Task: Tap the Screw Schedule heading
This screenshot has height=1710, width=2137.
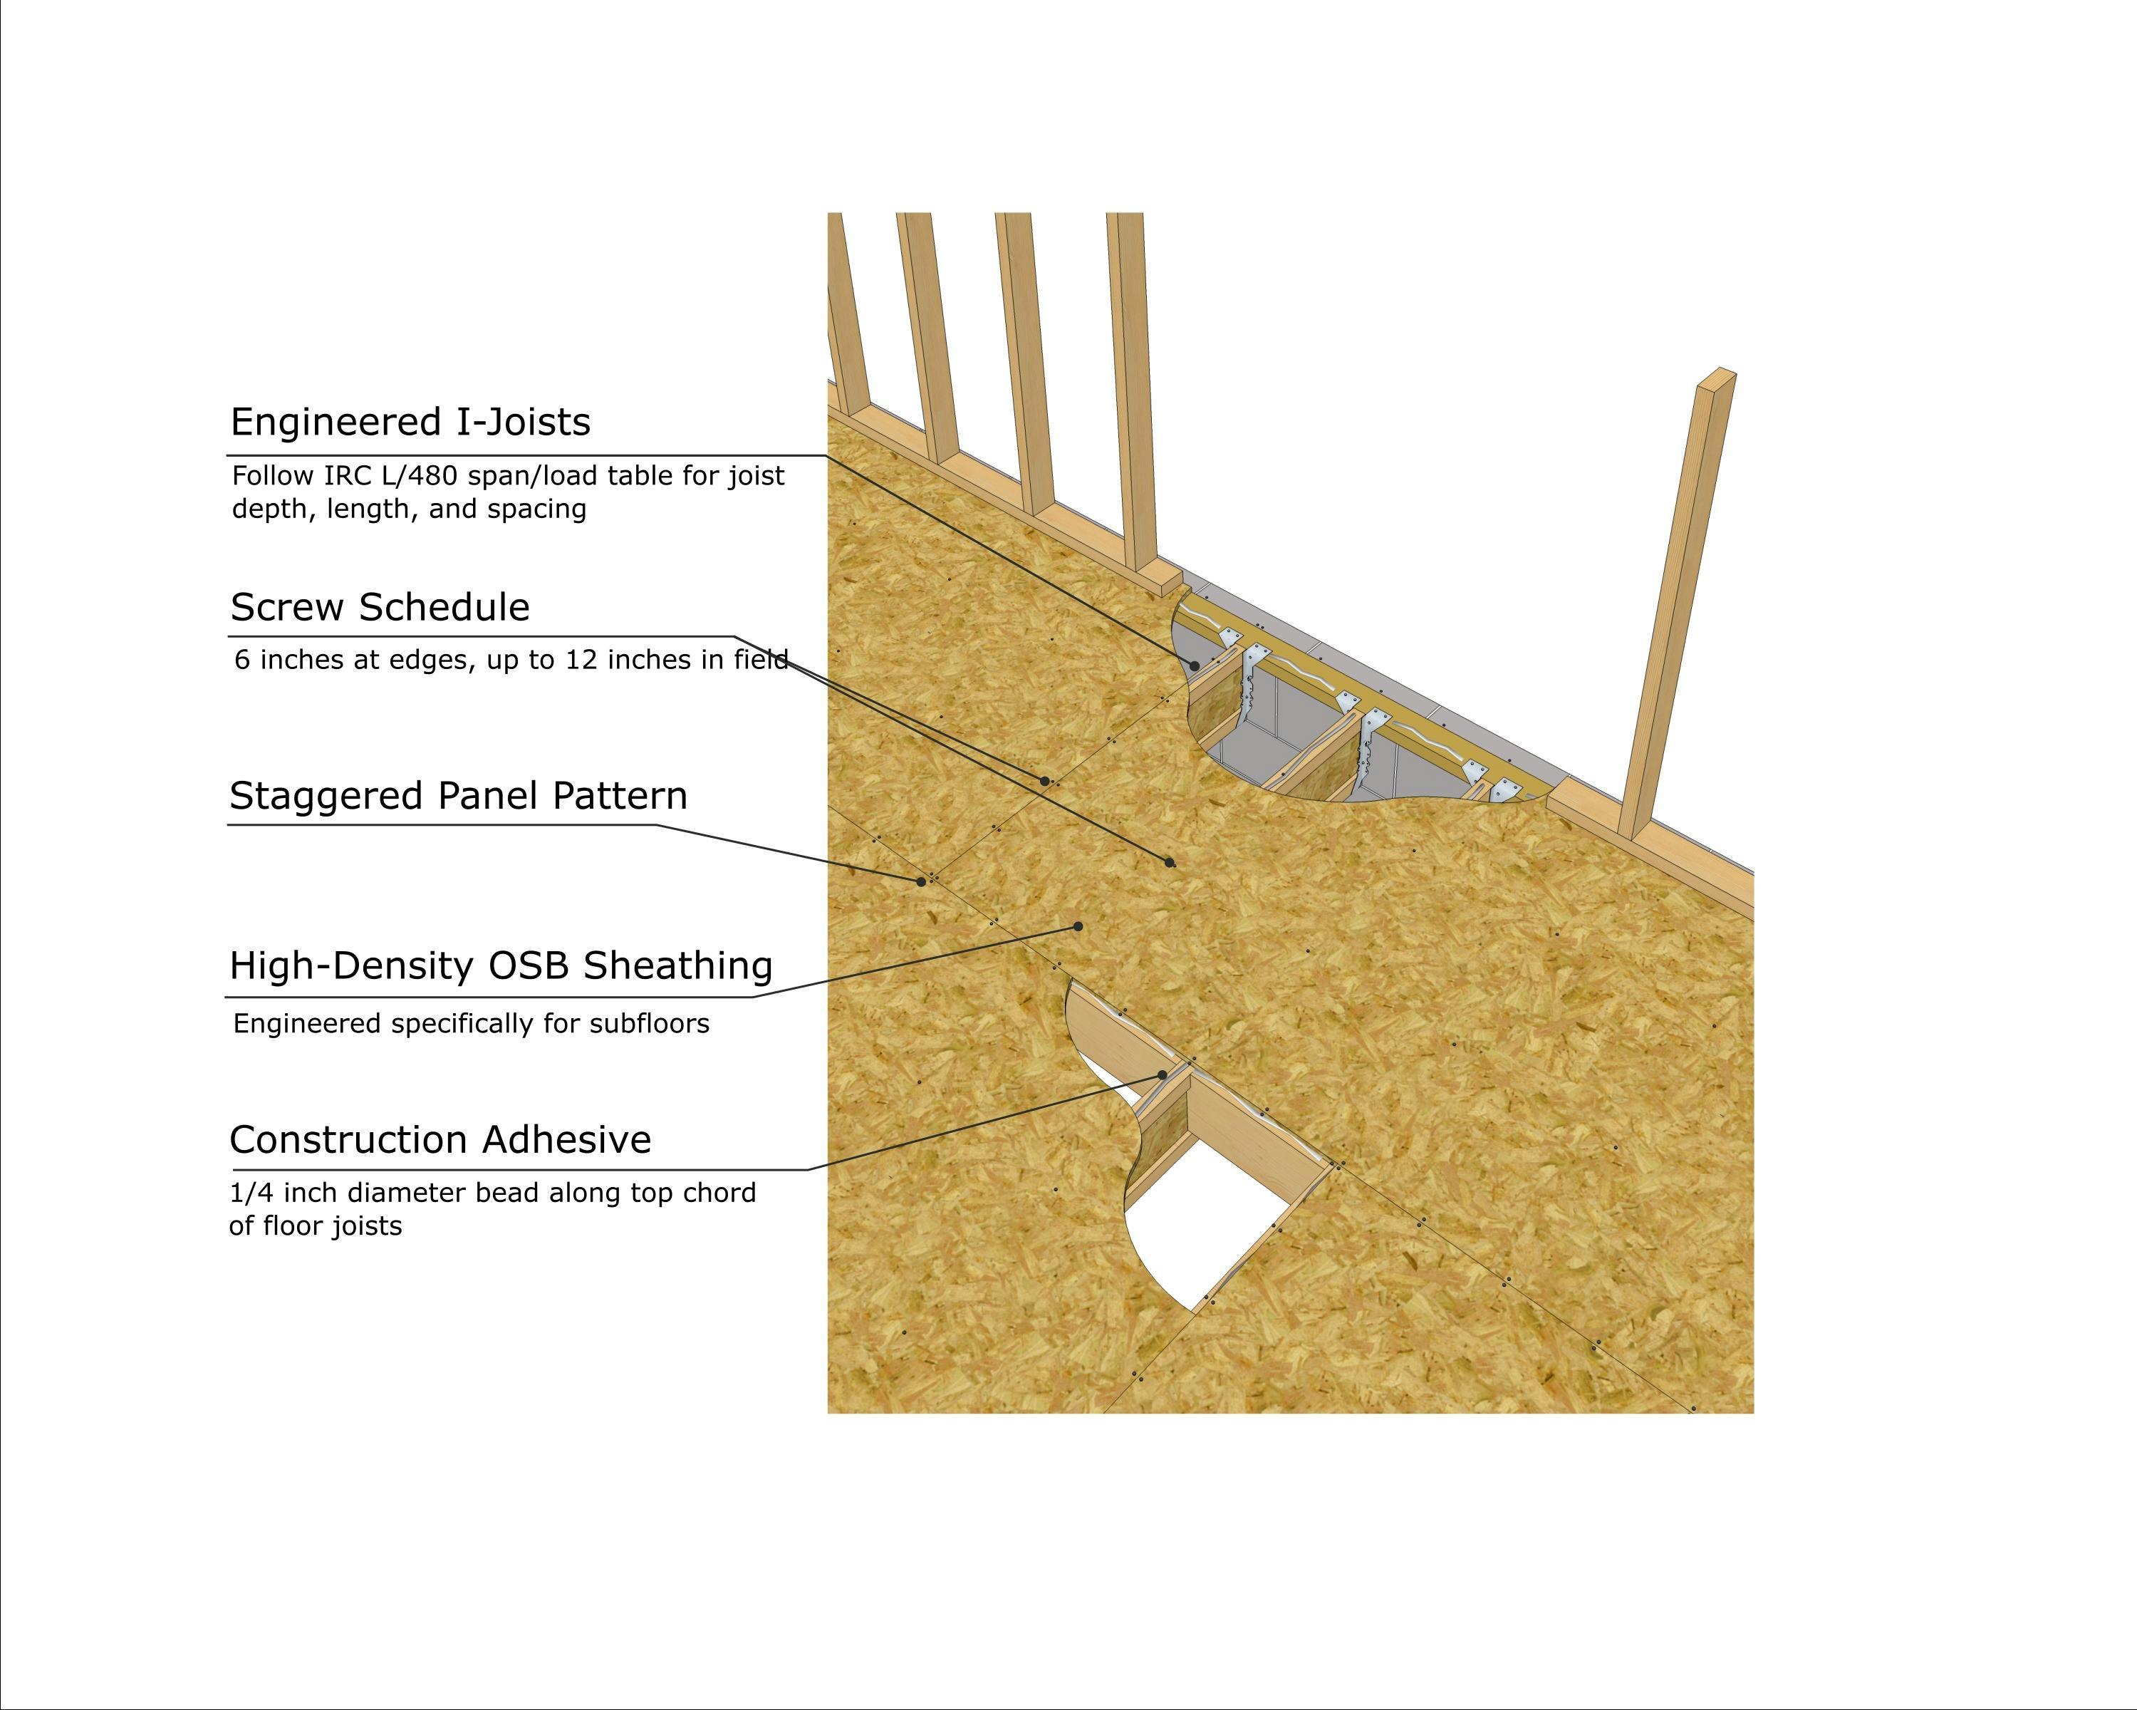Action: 380,606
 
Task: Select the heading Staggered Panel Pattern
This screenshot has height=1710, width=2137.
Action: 458,796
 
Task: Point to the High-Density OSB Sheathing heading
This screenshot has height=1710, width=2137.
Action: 501,965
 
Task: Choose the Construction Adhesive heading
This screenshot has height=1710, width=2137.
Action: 440,1140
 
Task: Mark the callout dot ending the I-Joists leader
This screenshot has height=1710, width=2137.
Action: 1195,666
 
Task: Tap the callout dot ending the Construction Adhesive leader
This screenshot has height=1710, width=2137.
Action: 1163,1074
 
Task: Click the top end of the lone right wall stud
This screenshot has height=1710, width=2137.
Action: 1720,374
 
